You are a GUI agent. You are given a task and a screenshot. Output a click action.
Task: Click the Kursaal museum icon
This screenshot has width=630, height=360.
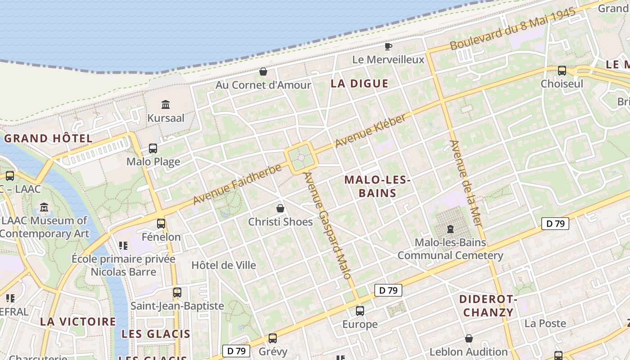click(165, 105)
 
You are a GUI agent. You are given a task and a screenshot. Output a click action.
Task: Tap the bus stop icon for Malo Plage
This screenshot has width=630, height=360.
click(153, 148)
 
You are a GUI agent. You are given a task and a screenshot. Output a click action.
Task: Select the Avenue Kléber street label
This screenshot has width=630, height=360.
click(370, 130)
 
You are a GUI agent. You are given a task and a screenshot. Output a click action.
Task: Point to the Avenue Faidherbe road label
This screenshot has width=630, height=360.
click(237, 184)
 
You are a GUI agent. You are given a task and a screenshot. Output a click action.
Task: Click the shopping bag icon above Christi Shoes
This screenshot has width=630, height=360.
click(280, 208)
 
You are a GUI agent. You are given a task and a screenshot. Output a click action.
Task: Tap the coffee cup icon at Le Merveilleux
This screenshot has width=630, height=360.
click(388, 46)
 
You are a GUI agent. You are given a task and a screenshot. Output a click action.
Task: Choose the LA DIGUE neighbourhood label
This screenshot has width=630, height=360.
click(359, 83)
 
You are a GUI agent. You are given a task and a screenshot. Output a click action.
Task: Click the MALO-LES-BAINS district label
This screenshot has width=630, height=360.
click(377, 186)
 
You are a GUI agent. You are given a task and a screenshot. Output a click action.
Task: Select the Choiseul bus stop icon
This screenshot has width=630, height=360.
click(562, 70)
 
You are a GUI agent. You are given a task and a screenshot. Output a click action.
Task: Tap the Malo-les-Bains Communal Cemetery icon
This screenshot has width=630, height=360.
click(450, 229)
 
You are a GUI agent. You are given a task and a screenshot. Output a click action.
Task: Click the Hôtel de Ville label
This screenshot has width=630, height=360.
click(224, 265)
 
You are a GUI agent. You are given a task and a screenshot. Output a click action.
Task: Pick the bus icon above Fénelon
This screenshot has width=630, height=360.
click(161, 223)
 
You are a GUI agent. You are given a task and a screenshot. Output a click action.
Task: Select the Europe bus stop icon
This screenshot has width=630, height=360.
click(360, 310)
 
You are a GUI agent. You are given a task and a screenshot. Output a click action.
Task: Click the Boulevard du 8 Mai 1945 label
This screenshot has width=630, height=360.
click(513, 29)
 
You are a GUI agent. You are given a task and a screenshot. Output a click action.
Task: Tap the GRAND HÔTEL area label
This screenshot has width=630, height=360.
click(48, 138)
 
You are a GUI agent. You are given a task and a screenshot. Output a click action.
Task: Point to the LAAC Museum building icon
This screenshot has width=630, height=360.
click(44, 207)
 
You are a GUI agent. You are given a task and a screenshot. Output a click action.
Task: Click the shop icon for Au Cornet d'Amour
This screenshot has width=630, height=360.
click(263, 72)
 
